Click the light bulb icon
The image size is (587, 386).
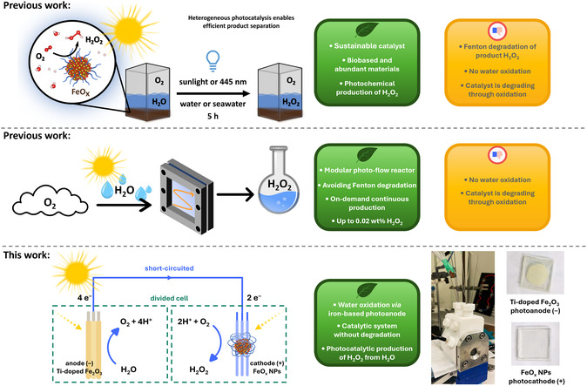(213, 61)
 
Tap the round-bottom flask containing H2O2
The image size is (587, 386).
(278, 181)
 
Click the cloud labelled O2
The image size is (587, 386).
(50, 202)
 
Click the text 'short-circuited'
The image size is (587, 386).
(169, 268)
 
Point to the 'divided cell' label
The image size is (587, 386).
(169, 298)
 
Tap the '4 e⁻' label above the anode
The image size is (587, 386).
(84, 298)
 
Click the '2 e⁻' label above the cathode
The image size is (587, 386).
(254, 298)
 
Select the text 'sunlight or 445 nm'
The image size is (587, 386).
(213, 82)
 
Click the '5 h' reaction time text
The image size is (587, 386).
(213, 116)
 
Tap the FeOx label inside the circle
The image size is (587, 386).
(80, 92)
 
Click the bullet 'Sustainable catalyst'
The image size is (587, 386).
(367, 45)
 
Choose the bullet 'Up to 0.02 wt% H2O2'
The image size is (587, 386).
(367, 221)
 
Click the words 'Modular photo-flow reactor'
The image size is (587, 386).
(367, 171)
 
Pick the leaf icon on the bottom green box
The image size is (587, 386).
(367, 290)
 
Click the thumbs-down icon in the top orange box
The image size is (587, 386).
(497, 30)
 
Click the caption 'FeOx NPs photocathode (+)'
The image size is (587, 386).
(536, 376)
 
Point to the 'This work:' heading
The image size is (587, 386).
(27, 255)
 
